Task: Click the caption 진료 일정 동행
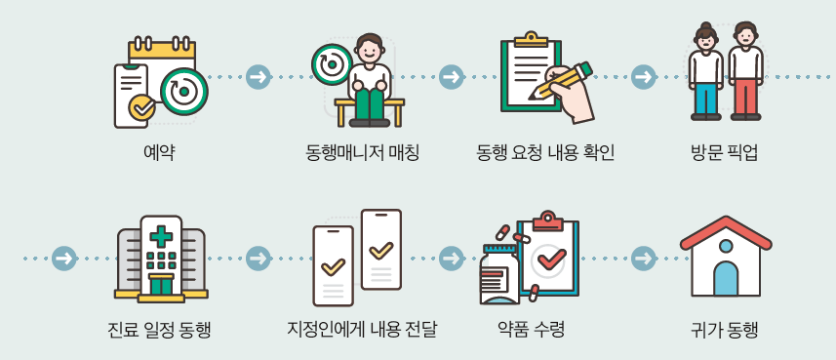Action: coord(159,329)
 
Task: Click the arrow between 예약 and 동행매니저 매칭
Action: coord(259,76)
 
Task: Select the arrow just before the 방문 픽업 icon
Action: coord(644,76)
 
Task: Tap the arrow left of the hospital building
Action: coord(64,259)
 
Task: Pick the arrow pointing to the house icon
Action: coord(644,259)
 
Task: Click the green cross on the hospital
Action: coord(161,236)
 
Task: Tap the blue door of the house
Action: coord(725,278)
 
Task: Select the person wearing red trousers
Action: coord(746,73)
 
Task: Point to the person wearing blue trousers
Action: coord(705,73)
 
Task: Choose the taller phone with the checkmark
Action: coord(380,249)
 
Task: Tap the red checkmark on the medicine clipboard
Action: coord(551,257)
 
